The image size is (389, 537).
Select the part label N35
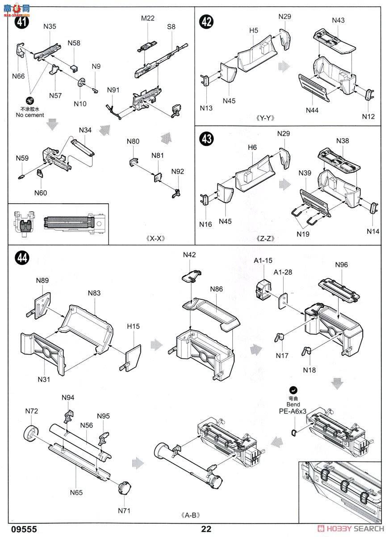[50, 27]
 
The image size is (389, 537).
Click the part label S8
[171, 27]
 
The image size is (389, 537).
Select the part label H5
[254, 30]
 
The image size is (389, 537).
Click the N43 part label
[339, 21]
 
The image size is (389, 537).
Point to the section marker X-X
[156, 238]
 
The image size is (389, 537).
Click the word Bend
[293, 404]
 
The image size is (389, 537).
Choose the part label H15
[133, 326]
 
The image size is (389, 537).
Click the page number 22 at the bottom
[206, 528]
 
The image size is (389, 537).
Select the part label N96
[341, 265]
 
